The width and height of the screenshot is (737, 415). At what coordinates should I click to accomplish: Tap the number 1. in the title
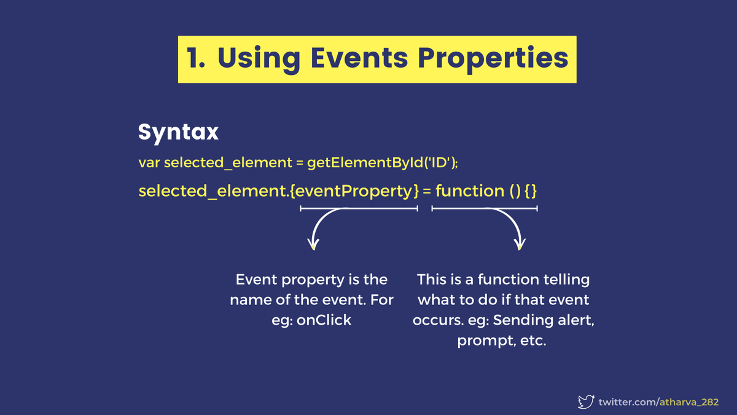pyautogui.click(x=197, y=58)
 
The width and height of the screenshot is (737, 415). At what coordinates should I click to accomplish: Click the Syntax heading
pyautogui.click(x=178, y=132)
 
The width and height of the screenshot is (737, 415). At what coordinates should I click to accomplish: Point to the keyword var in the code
pyautogui.click(x=149, y=163)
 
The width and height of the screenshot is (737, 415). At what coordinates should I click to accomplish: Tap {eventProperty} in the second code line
pyautogui.click(x=354, y=191)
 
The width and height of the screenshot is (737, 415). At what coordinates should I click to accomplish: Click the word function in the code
pyautogui.click(x=469, y=191)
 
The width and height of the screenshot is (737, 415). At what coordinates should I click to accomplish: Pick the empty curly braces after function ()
pyautogui.click(x=531, y=191)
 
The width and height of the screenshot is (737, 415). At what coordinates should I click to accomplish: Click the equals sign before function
pyautogui.click(x=427, y=191)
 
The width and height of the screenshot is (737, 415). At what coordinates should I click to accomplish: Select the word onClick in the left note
pyautogui.click(x=324, y=320)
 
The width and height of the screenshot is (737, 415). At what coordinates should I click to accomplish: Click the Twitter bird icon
pyautogui.click(x=587, y=402)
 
